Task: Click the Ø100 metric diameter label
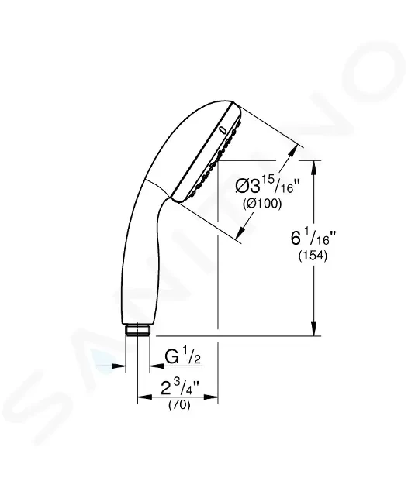(262, 204)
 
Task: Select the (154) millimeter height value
(313, 256)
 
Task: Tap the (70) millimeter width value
(179, 405)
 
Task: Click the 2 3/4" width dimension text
(180, 388)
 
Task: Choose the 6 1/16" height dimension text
(313, 237)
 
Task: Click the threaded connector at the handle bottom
(137, 330)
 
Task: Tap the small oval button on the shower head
(223, 129)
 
